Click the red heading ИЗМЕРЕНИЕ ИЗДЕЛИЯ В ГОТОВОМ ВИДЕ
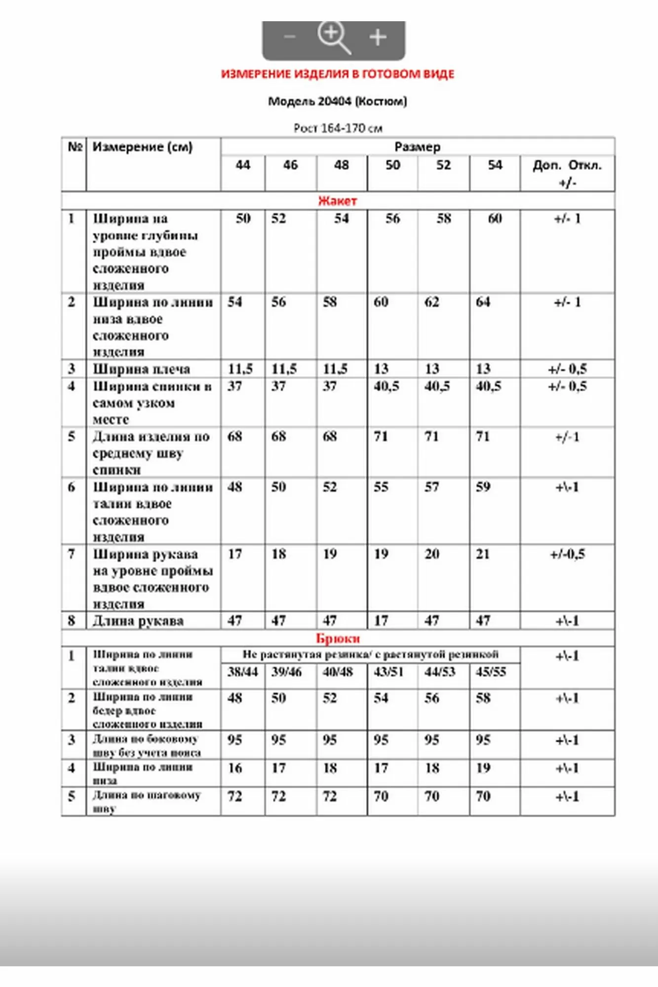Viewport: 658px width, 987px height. click(338, 74)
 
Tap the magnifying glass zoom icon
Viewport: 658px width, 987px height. click(333, 37)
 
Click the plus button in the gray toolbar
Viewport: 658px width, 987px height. click(378, 38)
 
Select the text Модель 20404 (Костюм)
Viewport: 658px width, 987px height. click(338, 101)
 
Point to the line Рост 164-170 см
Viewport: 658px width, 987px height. click(338, 128)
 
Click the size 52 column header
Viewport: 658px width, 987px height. click(443, 165)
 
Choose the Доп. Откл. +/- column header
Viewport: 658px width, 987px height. click(567, 173)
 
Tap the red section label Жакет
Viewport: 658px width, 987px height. click(338, 201)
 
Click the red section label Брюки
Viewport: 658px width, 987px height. click(338, 639)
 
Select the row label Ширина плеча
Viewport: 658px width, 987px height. click(141, 369)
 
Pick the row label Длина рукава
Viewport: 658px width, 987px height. click(138, 621)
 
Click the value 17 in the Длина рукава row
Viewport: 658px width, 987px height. click(381, 621)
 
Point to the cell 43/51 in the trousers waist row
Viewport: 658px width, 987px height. click(388, 672)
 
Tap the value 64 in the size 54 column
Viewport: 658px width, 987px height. click(483, 302)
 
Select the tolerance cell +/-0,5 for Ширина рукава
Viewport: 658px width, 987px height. click(567, 554)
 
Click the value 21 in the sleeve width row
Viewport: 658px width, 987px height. click(483, 554)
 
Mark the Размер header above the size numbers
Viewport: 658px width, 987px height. click(417, 147)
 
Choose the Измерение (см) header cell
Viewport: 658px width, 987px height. click(142, 147)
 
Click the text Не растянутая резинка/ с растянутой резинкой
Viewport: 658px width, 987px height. click(370, 655)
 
